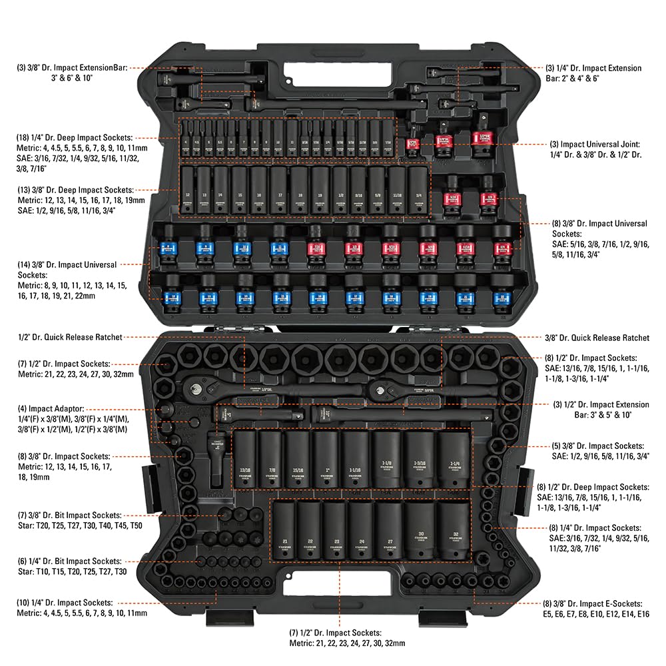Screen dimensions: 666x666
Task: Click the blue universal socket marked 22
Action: click(x=499, y=294)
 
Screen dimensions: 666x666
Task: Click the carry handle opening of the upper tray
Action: click(x=326, y=70)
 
